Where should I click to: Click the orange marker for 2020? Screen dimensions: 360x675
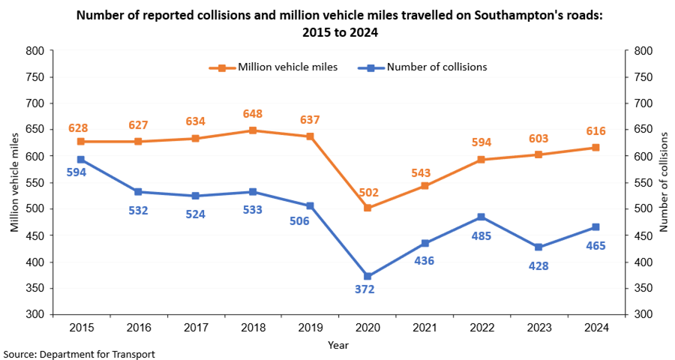367,208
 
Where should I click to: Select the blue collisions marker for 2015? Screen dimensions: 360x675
81,160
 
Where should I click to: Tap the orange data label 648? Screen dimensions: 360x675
253,115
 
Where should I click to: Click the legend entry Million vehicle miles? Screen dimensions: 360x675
287,67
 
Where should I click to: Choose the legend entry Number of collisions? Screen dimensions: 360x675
436,67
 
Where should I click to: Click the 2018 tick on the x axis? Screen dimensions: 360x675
253,328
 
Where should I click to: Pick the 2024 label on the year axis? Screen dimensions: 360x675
596,328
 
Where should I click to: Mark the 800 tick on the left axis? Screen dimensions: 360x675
34,51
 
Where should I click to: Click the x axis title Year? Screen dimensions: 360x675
338,346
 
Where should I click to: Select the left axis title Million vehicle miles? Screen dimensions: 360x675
14,182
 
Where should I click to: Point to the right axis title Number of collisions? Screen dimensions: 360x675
664,182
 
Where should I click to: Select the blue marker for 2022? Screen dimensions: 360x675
481,217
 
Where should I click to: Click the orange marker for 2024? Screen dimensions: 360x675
596,148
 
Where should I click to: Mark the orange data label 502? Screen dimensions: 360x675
367,192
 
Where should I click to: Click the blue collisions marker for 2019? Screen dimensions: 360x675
310,205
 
